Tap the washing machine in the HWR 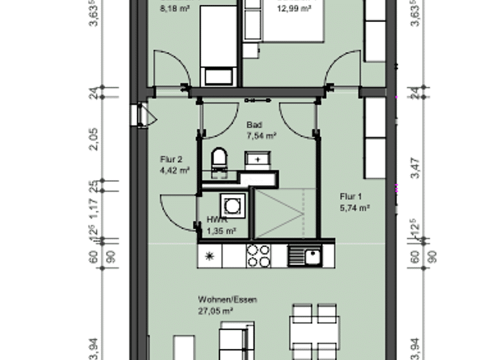[x=230, y=206]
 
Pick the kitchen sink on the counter [x=304, y=256]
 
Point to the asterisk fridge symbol [x=209, y=256]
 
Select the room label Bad [x=254, y=126]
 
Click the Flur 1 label [x=351, y=197]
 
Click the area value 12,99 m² [x=294, y=8]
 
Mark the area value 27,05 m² [x=215, y=310]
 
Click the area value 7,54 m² [x=261, y=136]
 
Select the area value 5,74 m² [x=355, y=208]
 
